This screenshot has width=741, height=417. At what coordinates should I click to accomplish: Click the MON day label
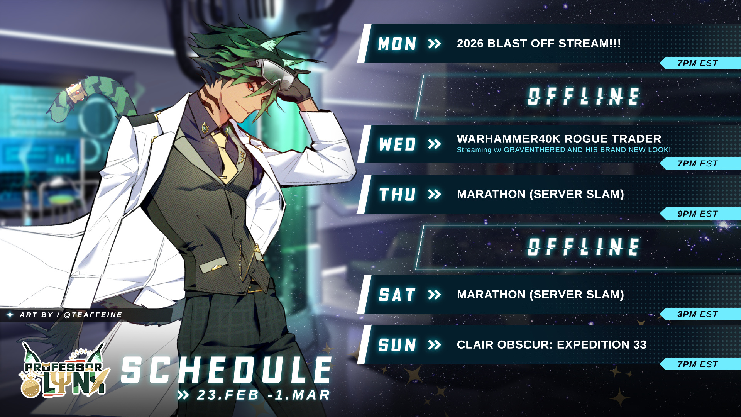point(397,44)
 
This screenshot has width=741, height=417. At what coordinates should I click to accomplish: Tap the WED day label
point(397,144)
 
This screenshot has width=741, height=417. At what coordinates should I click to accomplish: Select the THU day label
point(397,195)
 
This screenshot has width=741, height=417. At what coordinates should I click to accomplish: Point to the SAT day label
point(397,295)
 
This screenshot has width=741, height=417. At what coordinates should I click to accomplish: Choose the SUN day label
point(397,345)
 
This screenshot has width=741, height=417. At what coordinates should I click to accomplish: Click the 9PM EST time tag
point(698,214)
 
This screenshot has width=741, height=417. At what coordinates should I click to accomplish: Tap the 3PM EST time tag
point(698,314)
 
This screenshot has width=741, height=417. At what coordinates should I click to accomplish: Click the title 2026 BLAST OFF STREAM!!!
point(539,44)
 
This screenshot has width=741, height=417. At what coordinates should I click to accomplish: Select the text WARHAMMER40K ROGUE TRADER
point(559,139)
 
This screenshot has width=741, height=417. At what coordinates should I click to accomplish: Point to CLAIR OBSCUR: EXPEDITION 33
point(552,345)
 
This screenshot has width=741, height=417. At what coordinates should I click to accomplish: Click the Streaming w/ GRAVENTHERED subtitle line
point(564,150)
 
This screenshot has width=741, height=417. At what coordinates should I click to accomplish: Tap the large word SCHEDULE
point(227,370)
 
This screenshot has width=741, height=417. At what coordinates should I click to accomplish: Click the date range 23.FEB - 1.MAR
point(264,395)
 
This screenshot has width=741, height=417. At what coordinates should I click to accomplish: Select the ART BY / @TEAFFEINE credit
point(71,315)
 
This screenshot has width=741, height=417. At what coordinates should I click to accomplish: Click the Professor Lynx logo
point(64,371)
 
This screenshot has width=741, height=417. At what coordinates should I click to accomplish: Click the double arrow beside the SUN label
point(435,345)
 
